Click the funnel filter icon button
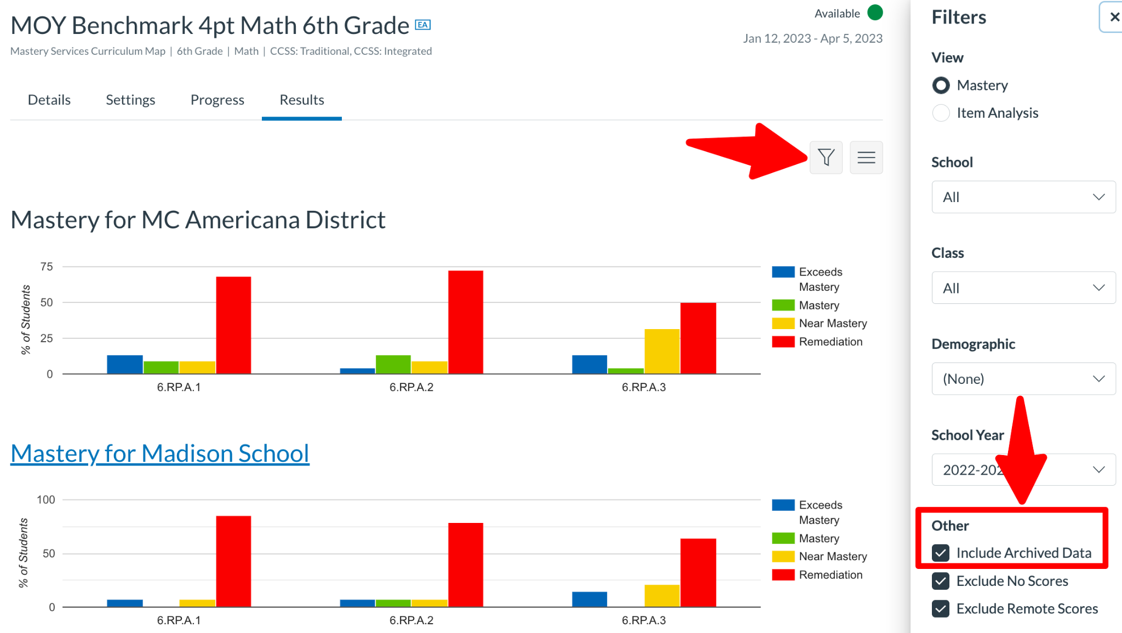(x=826, y=158)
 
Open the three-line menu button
(x=866, y=158)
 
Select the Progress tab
(x=217, y=100)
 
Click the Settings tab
(x=130, y=100)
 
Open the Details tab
(x=49, y=100)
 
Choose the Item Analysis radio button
(x=941, y=113)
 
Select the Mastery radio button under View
(x=941, y=85)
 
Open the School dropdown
(x=1023, y=197)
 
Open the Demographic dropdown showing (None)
(x=1023, y=379)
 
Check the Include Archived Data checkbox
(x=941, y=553)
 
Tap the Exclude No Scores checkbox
(x=941, y=581)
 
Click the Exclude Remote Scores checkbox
(x=941, y=609)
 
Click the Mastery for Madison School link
(x=160, y=453)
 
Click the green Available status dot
(x=875, y=13)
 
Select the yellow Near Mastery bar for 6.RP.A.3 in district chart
(x=662, y=351)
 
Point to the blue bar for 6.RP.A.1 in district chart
(x=125, y=364)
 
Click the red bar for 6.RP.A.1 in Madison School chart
(x=233, y=561)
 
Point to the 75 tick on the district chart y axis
(x=47, y=267)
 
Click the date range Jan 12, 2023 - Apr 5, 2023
(x=812, y=38)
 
